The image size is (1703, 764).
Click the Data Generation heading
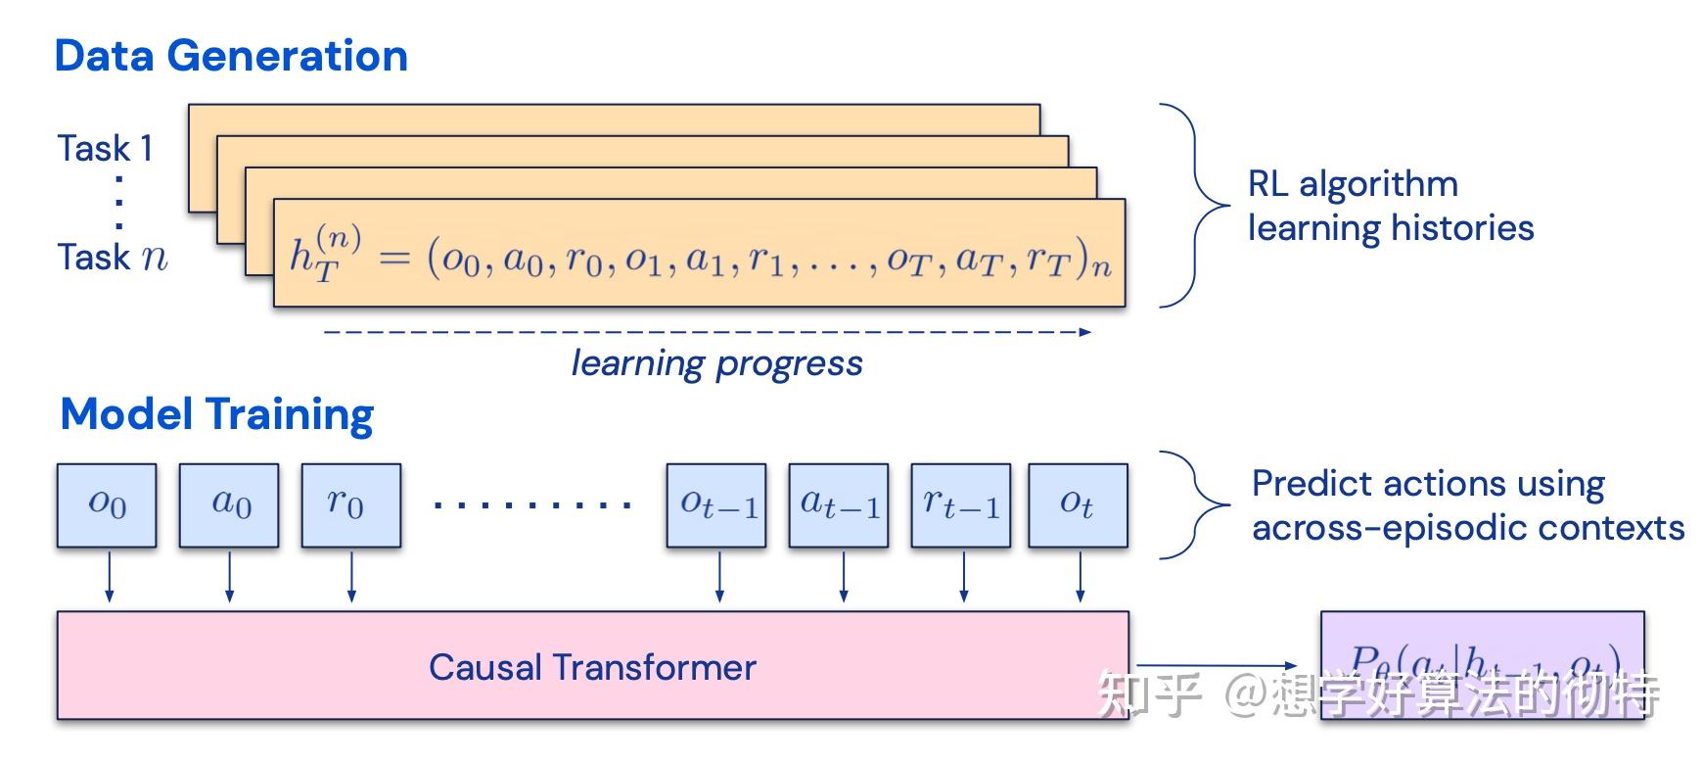[x=231, y=56]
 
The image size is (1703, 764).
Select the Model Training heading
[x=216, y=414]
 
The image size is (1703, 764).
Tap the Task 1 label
[x=106, y=149]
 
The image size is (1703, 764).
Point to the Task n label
[x=113, y=258]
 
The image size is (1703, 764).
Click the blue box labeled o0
[x=107, y=504]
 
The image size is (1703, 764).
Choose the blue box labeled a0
[x=229, y=504]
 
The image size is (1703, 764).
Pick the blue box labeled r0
[x=350, y=504]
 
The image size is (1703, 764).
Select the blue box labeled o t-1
[x=716, y=504]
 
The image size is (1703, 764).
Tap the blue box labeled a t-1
[x=839, y=504]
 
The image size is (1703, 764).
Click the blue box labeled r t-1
[x=961, y=504]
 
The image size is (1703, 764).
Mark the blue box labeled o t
[x=1078, y=504]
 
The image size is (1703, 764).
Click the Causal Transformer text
[x=592, y=668]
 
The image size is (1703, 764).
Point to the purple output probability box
[x=1482, y=664]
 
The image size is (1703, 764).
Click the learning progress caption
[x=716, y=363]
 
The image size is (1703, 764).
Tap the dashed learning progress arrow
[x=707, y=332]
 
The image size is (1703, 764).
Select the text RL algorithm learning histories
[x=1390, y=206]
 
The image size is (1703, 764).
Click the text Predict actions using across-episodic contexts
[x=1467, y=505]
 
